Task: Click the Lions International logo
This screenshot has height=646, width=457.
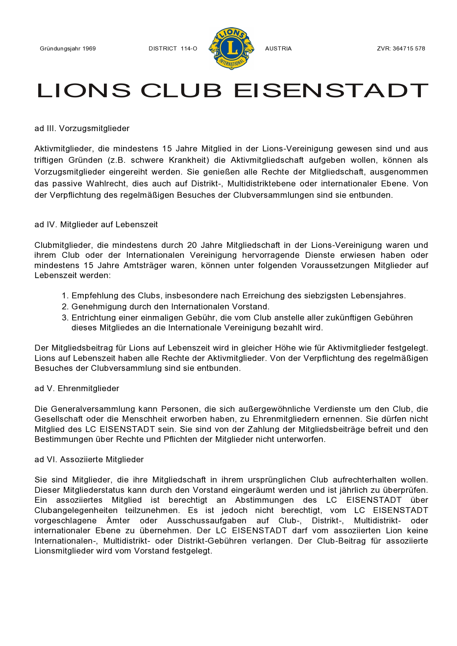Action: pos(231,48)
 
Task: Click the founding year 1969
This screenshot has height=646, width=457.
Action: pos(89,49)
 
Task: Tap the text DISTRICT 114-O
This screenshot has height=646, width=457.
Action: pos(173,49)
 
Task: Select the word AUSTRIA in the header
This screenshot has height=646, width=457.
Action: pos(278,49)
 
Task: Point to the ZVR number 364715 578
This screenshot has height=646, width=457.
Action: pos(409,49)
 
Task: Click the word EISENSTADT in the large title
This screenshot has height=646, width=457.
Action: pos(331,91)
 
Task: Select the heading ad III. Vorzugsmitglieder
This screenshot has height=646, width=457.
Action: pos(82,129)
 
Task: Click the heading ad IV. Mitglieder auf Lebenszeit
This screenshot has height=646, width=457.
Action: pos(96,225)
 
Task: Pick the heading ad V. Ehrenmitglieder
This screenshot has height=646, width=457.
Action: pos(77,389)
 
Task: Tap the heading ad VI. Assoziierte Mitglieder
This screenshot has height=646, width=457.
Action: pos(89,460)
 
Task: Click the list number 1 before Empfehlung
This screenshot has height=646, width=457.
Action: pos(65,296)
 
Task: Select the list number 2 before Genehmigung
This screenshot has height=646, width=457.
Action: pos(65,307)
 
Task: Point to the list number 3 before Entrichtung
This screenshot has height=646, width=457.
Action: pos(65,318)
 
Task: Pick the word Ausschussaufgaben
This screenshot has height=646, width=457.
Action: pos(207,521)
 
